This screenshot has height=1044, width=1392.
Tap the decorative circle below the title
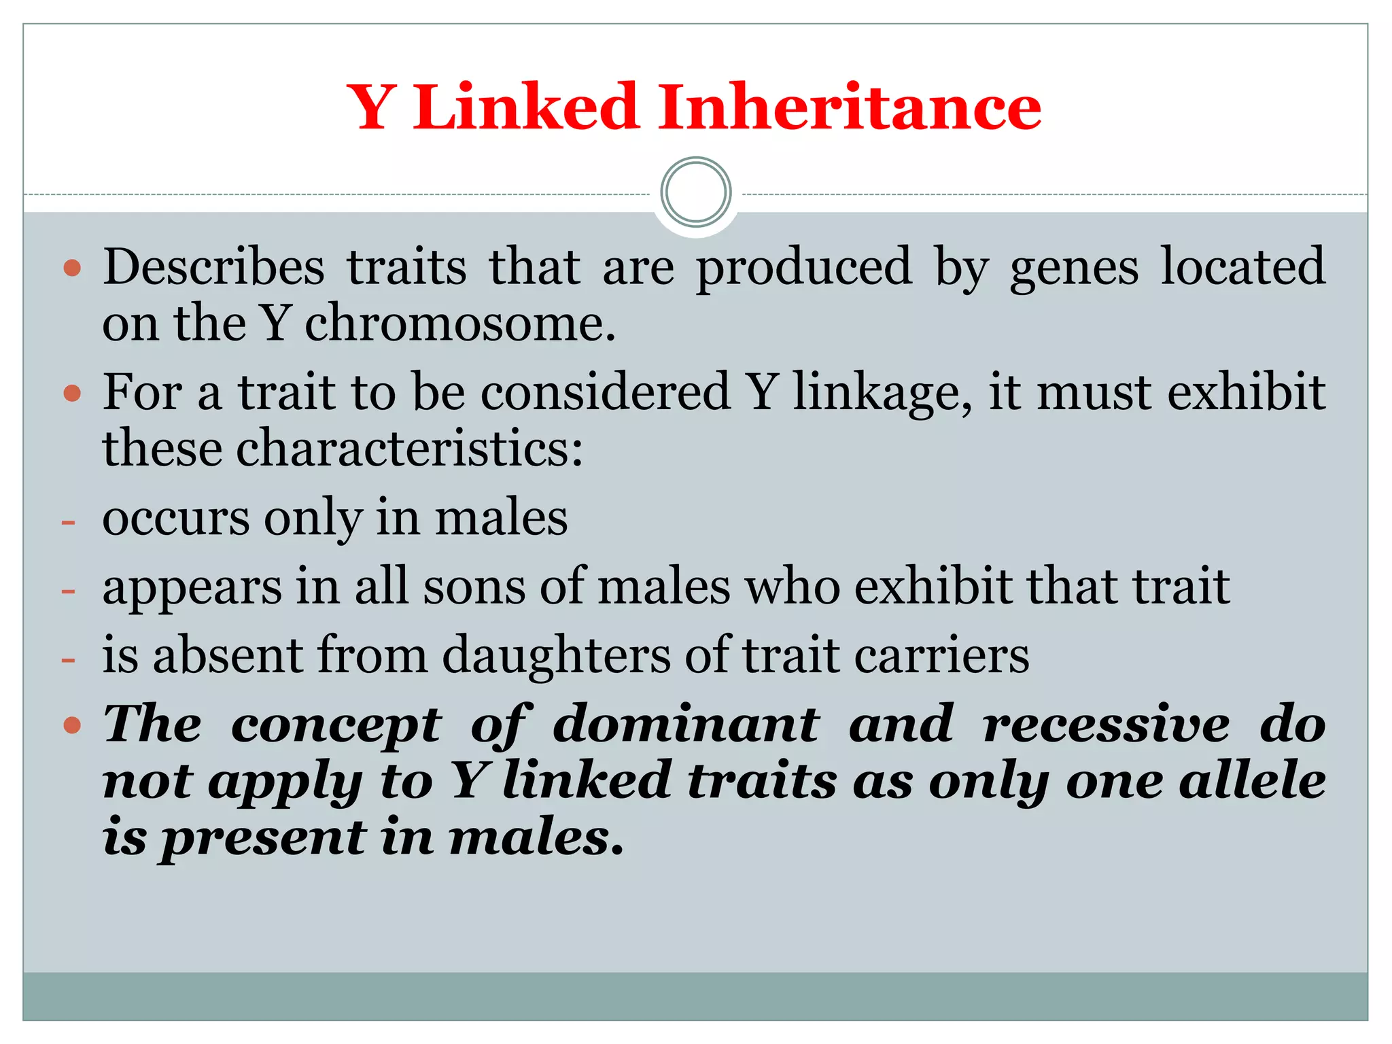coord(696,192)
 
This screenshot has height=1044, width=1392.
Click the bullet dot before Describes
coord(72,268)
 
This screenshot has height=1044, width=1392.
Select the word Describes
coord(213,266)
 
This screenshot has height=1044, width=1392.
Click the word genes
coord(1074,268)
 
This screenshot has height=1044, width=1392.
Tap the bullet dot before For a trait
coord(72,393)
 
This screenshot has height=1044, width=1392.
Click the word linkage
coord(882,393)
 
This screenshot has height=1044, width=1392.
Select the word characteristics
coord(409,449)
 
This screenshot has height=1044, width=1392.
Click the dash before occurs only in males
coord(68,522)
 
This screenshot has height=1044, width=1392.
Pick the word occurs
coord(176,519)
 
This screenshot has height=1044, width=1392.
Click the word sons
coord(474,586)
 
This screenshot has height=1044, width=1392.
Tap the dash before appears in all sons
coord(68,591)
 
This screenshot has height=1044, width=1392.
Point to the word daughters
coord(555,656)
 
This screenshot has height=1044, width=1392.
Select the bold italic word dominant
coord(686,725)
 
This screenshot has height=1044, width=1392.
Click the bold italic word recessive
coord(1107,725)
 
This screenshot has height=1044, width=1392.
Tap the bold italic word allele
coord(1252,781)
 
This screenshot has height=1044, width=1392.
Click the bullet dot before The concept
coord(72,726)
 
